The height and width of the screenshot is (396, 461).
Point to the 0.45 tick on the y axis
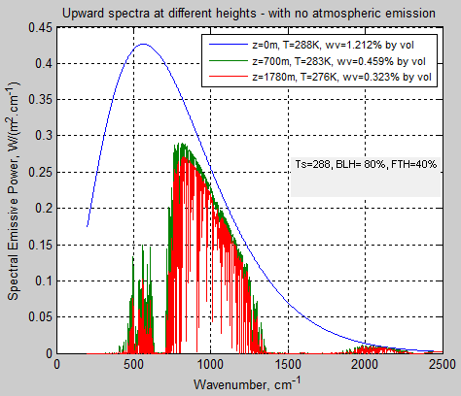click(40, 29)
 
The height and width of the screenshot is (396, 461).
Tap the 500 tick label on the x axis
click(134, 366)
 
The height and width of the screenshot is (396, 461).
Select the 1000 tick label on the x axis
click(211, 366)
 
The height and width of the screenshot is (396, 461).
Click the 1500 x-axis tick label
click(288, 366)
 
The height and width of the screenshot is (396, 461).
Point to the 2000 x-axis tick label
click(365, 366)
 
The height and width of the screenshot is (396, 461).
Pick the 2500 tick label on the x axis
click(440, 366)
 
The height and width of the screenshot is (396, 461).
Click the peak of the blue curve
click(144, 45)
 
